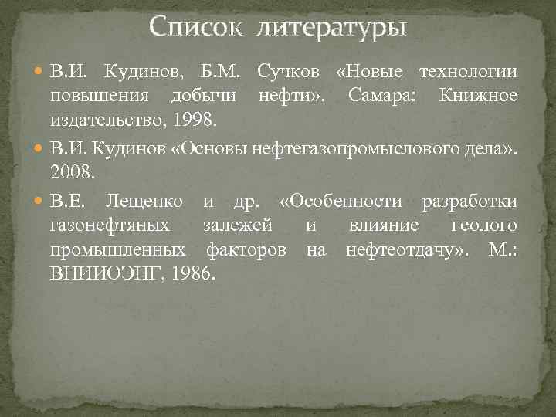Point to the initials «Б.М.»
(223, 73)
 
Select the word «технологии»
(469, 73)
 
